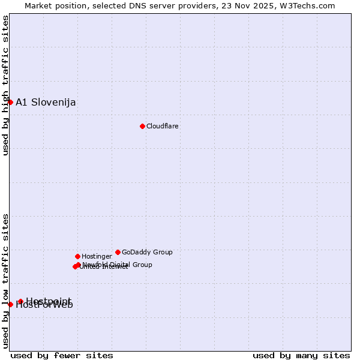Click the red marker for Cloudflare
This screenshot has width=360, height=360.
coord(142,126)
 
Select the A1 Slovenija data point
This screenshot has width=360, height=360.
coord(10,102)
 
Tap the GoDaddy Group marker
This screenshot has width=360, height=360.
coord(118,252)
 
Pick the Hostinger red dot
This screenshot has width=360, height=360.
coord(77,256)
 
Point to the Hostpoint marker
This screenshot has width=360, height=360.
coord(20,301)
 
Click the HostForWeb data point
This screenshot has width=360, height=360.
coord(10,304)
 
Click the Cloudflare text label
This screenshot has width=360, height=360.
coord(163,126)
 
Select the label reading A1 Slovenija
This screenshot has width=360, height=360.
coord(46,102)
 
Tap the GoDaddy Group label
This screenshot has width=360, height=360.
coord(147,252)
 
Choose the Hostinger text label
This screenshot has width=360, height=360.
coord(97,256)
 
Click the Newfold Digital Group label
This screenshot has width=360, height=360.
coord(117,265)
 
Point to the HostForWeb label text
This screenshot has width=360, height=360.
coord(44,305)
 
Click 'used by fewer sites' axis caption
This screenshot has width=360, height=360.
coord(62,356)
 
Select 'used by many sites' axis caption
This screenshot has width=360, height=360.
coord(301,356)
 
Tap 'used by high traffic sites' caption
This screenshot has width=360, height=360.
coord(5,85)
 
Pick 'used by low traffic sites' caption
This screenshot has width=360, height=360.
coord(5,280)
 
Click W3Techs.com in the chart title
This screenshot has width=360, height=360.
coord(311,6)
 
